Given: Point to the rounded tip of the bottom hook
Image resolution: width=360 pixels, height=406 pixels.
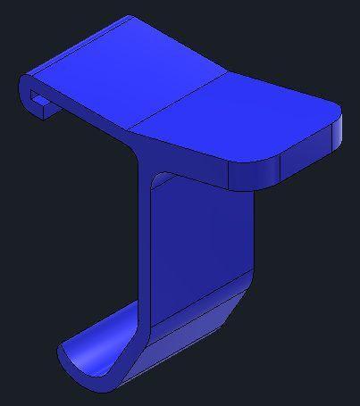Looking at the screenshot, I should [x=63, y=353].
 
